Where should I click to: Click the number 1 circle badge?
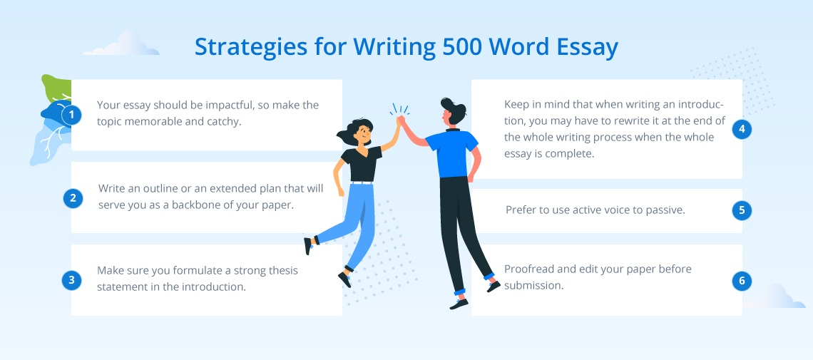click(x=71, y=115)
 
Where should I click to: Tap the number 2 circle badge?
click(x=73, y=198)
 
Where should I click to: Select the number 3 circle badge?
click(x=71, y=280)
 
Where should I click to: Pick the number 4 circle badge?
click(x=742, y=129)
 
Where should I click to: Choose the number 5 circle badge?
click(x=742, y=210)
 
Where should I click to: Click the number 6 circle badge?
click(x=742, y=282)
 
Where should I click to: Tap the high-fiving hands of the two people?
click(x=400, y=121)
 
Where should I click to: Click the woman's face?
click(x=362, y=133)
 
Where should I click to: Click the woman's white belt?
click(x=362, y=182)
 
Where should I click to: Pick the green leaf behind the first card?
click(x=56, y=88)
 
